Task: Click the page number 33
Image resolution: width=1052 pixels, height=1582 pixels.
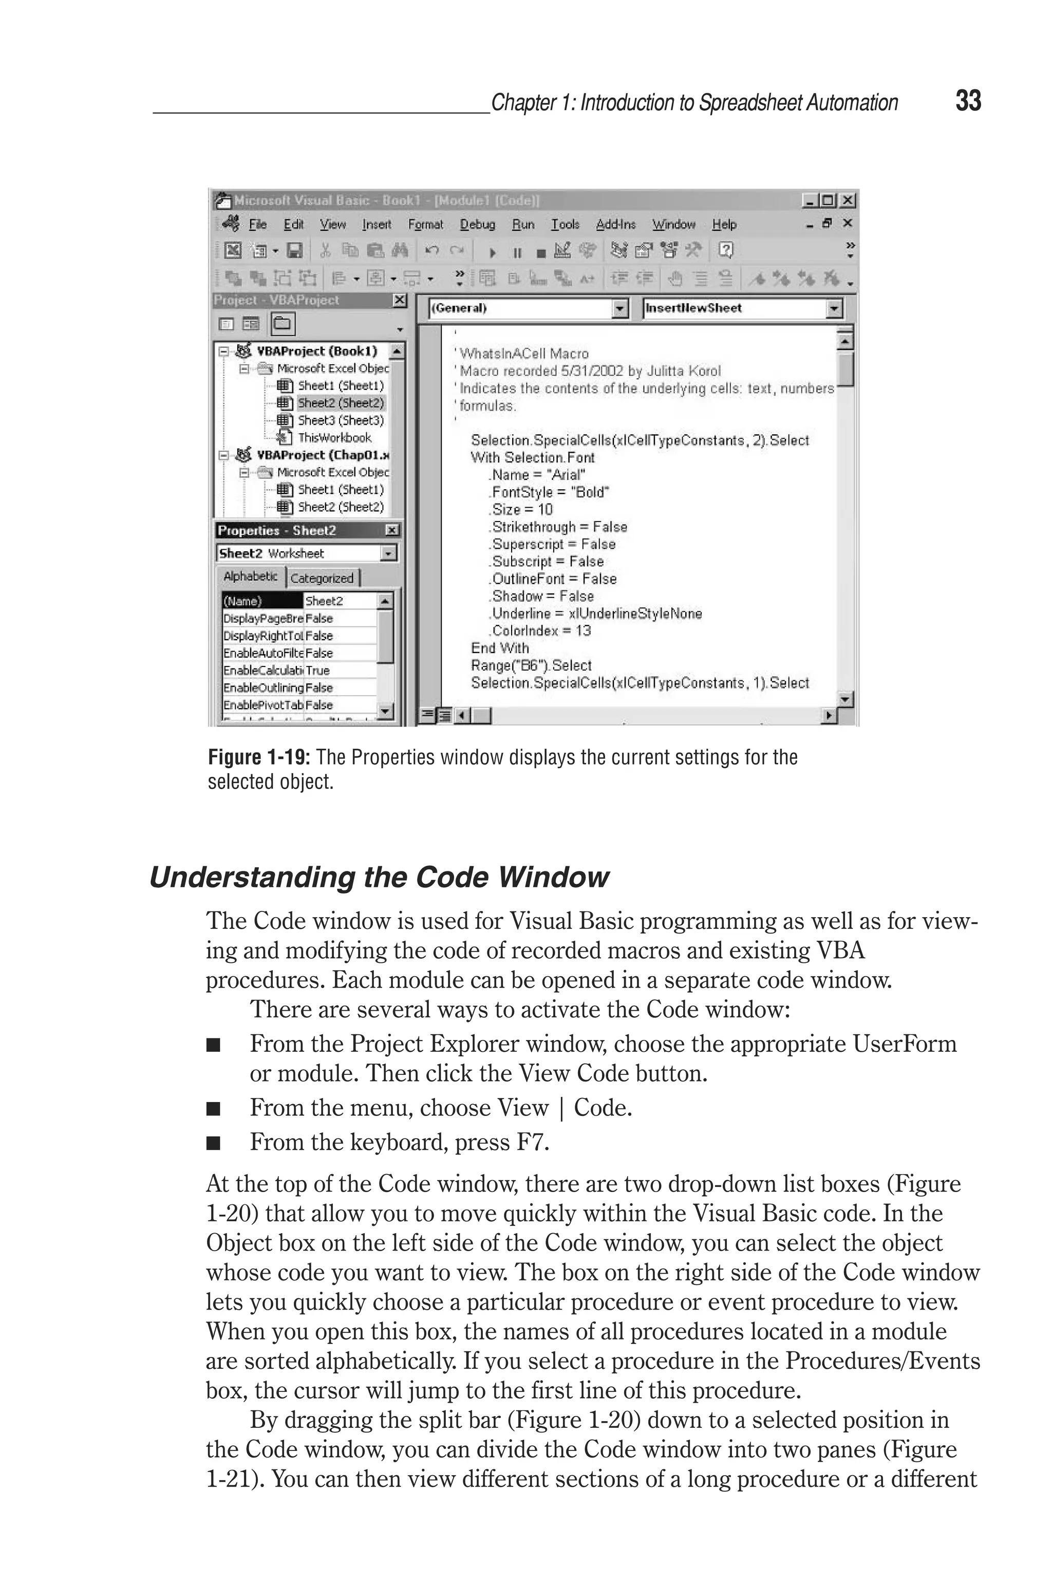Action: (968, 101)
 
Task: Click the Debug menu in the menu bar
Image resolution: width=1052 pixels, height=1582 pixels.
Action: (477, 225)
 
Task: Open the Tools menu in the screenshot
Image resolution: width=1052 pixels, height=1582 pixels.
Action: (565, 225)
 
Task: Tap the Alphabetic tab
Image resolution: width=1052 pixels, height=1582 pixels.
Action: (250, 576)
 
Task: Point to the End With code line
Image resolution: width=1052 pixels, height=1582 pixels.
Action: (500, 648)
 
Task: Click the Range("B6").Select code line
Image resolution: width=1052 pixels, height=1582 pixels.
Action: (531, 665)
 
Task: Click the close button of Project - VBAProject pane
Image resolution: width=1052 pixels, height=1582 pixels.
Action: (399, 301)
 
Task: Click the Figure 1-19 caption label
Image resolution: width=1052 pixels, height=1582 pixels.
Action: (258, 757)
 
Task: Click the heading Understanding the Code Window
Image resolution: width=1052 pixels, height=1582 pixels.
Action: (379, 878)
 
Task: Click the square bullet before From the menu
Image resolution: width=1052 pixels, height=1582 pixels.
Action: (213, 1108)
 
